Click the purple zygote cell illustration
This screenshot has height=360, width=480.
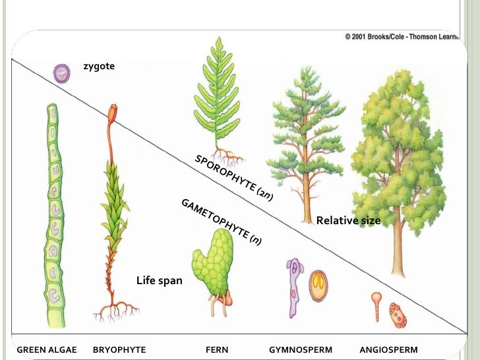pyautogui.click(x=62, y=73)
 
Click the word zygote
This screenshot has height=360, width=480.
pyautogui.click(x=99, y=67)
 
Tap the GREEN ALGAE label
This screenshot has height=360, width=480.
pyautogui.click(x=47, y=349)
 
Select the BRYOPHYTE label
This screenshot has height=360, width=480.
pyautogui.click(x=119, y=349)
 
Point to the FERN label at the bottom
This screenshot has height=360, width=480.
pyautogui.click(x=217, y=349)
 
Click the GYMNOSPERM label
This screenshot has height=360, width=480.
pyautogui.click(x=301, y=349)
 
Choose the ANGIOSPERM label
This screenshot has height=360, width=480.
pyautogui.click(x=388, y=349)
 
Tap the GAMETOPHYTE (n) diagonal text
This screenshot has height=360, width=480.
pyautogui.click(x=221, y=221)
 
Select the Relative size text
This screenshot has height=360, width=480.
pyautogui.click(x=348, y=220)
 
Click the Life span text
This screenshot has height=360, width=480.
pyautogui.click(x=159, y=281)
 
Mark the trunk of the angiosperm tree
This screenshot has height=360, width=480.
pyautogui.click(x=398, y=244)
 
